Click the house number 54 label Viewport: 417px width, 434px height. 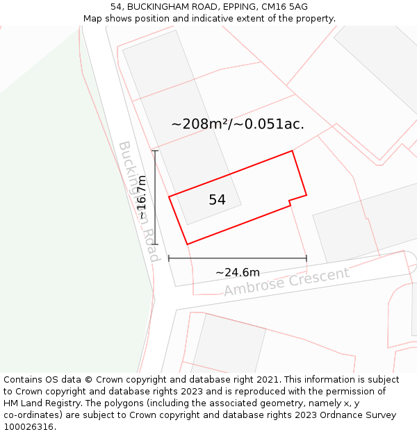217,200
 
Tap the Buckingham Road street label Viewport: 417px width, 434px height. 140,201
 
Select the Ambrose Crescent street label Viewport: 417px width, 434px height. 286,281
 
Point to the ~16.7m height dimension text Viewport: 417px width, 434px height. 142,197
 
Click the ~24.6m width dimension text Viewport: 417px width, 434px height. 237,272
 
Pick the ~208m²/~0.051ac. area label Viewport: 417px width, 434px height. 238,124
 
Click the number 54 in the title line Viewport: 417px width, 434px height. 116,7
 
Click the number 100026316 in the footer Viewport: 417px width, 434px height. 27,427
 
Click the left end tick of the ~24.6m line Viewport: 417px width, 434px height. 169,258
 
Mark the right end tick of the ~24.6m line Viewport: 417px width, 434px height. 306,258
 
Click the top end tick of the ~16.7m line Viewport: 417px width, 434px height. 155,151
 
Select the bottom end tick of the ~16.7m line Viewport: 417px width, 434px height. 155,244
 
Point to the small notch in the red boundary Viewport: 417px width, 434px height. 290,203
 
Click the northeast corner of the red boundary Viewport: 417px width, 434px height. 292,151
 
